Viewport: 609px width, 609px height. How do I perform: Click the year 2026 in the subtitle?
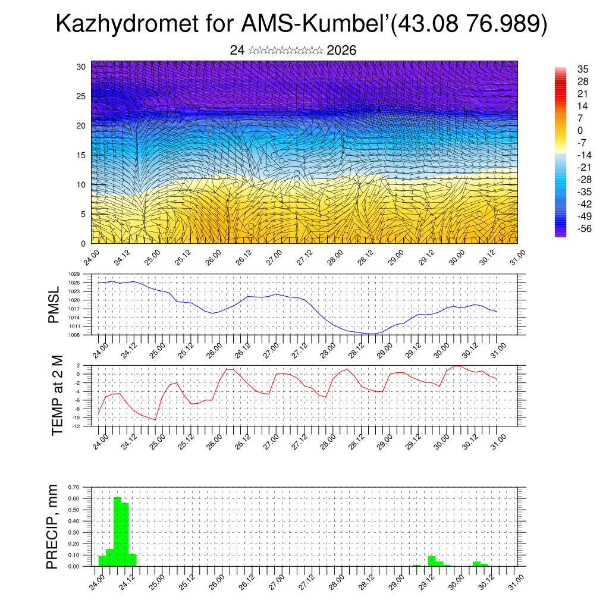[341, 51]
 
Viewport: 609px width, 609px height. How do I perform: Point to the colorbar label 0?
[580, 131]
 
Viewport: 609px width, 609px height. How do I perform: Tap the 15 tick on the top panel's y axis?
[82, 155]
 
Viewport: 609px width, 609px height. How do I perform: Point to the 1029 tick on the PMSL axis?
[74, 275]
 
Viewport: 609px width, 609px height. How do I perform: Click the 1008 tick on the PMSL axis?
[74, 335]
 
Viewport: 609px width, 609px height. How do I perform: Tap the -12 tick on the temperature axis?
[76, 426]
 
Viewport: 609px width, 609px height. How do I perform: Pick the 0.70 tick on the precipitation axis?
[74, 487]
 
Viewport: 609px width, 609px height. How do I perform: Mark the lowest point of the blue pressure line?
[372, 334]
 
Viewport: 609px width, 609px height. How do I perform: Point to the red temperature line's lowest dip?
[155, 420]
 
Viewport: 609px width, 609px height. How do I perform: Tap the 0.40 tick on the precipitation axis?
[74, 521]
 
